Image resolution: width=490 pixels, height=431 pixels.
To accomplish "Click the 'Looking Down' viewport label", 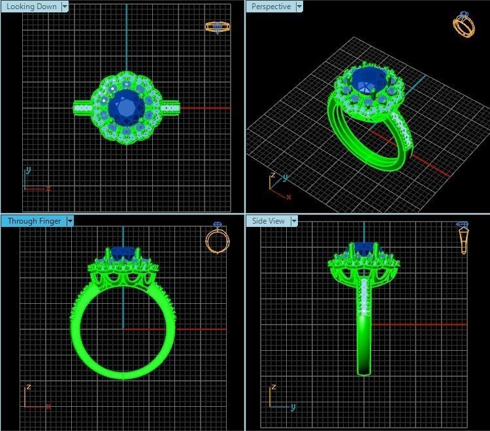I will point(31,7).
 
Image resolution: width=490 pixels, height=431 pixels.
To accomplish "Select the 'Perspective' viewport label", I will point(270,7).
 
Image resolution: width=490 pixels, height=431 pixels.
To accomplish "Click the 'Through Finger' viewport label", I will point(34,221).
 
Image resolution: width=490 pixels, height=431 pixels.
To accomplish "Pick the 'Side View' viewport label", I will point(268,221).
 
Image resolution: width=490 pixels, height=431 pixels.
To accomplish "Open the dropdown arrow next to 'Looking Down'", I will point(65,7).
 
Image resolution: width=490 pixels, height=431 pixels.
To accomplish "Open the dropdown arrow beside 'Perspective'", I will point(299,7).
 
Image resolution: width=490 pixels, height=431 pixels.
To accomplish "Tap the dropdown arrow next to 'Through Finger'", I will point(70,221).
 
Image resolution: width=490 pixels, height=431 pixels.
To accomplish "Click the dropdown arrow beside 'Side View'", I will point(294,221).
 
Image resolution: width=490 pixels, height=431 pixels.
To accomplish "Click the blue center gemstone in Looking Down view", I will point(125,106).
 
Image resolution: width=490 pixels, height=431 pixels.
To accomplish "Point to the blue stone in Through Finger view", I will point(123,252).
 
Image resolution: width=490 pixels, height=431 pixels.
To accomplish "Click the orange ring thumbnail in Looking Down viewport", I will point(217,27).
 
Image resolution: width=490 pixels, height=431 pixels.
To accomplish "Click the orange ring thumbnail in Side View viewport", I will point(463,238).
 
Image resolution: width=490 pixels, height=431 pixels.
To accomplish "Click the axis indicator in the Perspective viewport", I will point(279,185).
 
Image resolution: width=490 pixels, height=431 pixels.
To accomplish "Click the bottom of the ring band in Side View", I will point(365,371).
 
